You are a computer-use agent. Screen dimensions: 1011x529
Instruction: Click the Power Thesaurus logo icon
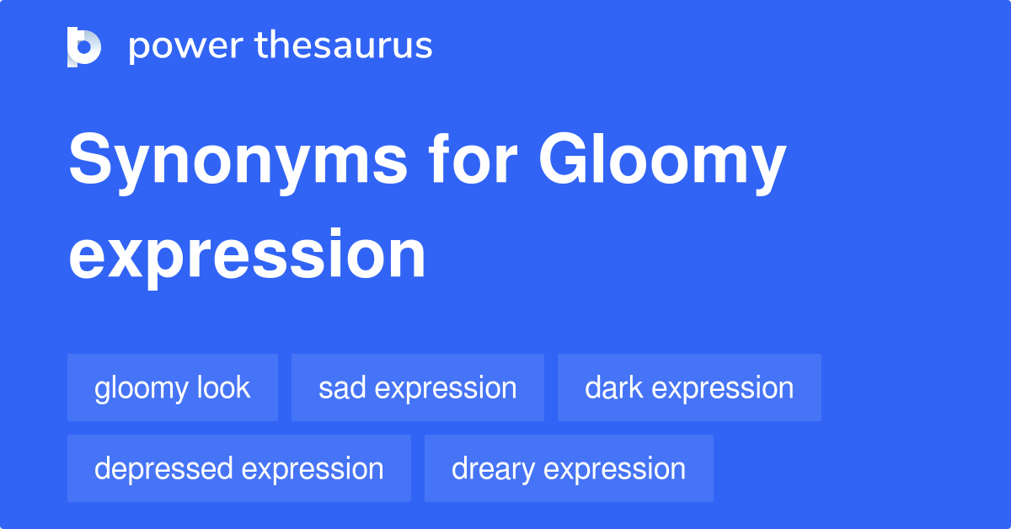tap(84, 47)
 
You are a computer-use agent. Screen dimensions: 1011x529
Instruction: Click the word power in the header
tap(186, 47)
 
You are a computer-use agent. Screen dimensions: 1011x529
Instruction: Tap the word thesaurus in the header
tap(344, 45)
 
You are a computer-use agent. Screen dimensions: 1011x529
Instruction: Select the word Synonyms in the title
tap(238, 162)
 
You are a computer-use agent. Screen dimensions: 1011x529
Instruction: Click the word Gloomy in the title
tap(662, 162)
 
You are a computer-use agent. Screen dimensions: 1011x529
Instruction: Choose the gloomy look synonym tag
tap(173, 387)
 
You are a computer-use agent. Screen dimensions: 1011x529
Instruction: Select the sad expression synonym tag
tap(418, 387)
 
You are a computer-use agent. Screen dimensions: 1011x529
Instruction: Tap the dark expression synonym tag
tap(689, 387)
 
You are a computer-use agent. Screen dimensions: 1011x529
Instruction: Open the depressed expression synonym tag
tap(238, 468)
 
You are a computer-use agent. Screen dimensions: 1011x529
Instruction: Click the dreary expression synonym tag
tap(569, 468)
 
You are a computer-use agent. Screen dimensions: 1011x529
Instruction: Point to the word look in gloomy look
tap(223, 387)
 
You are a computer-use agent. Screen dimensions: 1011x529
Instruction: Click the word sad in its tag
tap(342, 387)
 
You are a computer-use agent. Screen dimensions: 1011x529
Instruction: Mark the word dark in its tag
tap(614, 387)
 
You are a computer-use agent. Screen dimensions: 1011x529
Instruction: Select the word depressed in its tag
tap(163, 469)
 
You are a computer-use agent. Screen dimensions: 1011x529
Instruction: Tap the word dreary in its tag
tap(494, 469)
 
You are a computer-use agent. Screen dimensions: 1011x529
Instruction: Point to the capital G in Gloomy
tap(560, 158)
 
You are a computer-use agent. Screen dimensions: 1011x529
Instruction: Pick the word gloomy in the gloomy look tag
tap(141, 389)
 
